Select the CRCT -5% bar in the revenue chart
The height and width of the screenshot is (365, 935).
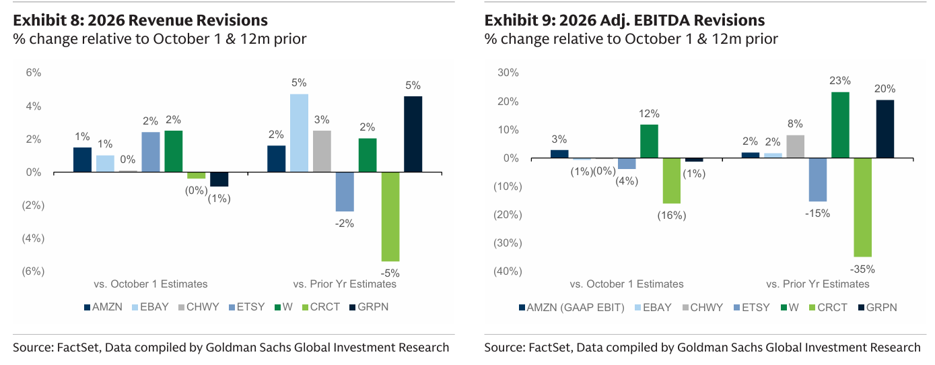pos(390,216)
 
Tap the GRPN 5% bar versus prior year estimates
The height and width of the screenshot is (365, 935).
pos(413,134)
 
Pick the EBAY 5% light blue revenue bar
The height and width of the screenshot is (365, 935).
pos(299,133)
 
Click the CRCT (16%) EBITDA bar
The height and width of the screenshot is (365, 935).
pos(671,180)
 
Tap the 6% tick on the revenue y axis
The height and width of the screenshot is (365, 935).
pos(34,73)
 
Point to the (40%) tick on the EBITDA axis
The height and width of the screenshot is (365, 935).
pos(506,271)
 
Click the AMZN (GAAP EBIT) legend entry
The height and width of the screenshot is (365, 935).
pos(572,307)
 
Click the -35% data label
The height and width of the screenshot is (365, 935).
pos(862,269)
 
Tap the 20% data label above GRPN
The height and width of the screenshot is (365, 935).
pos(885,89)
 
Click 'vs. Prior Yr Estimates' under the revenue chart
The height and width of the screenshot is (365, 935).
pos(345,284)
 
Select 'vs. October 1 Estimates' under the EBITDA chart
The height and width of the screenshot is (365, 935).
pos(626,284)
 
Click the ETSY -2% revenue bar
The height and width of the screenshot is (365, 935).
pos(345,192)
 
